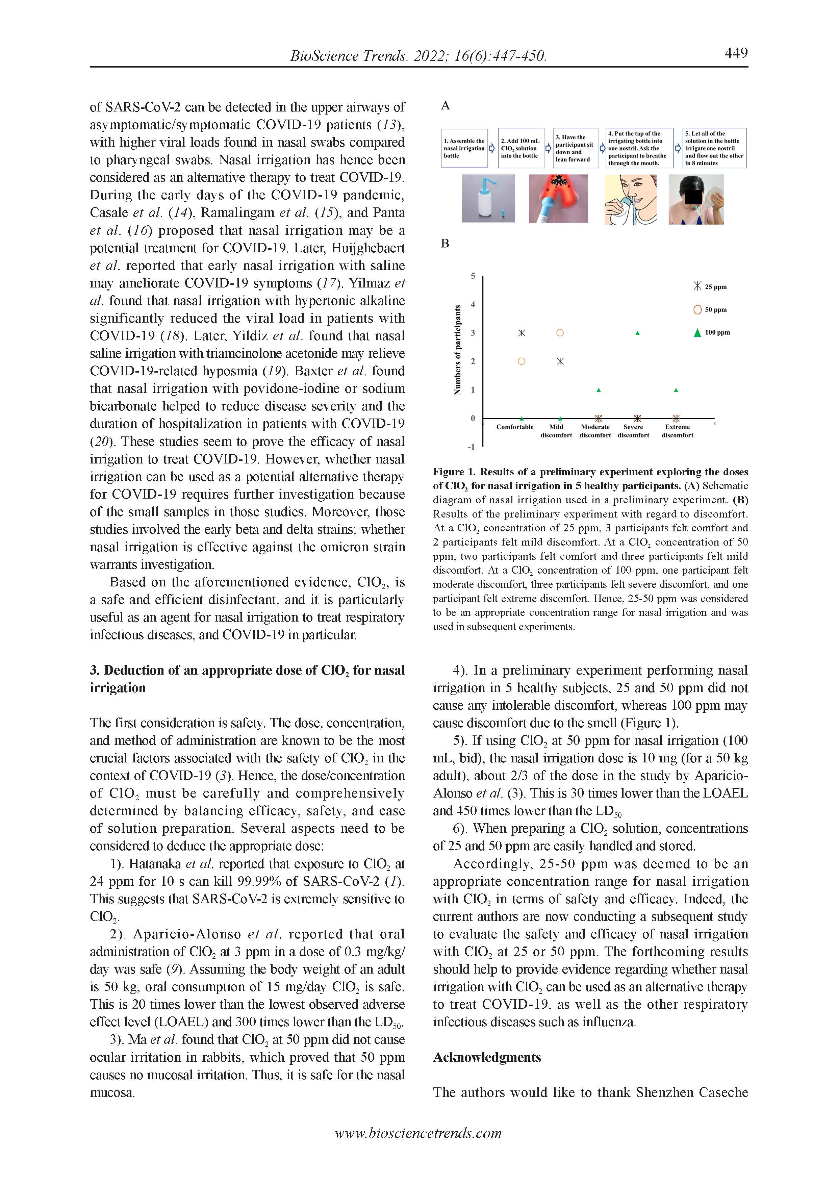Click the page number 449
736,53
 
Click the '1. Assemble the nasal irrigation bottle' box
464,148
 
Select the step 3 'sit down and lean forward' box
575,148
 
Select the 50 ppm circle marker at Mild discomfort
560,333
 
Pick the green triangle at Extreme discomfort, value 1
676,390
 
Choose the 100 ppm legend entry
712,333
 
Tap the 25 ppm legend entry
711,286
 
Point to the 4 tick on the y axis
473,304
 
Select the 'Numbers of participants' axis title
457,350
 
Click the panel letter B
445,244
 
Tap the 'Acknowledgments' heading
487,1058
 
